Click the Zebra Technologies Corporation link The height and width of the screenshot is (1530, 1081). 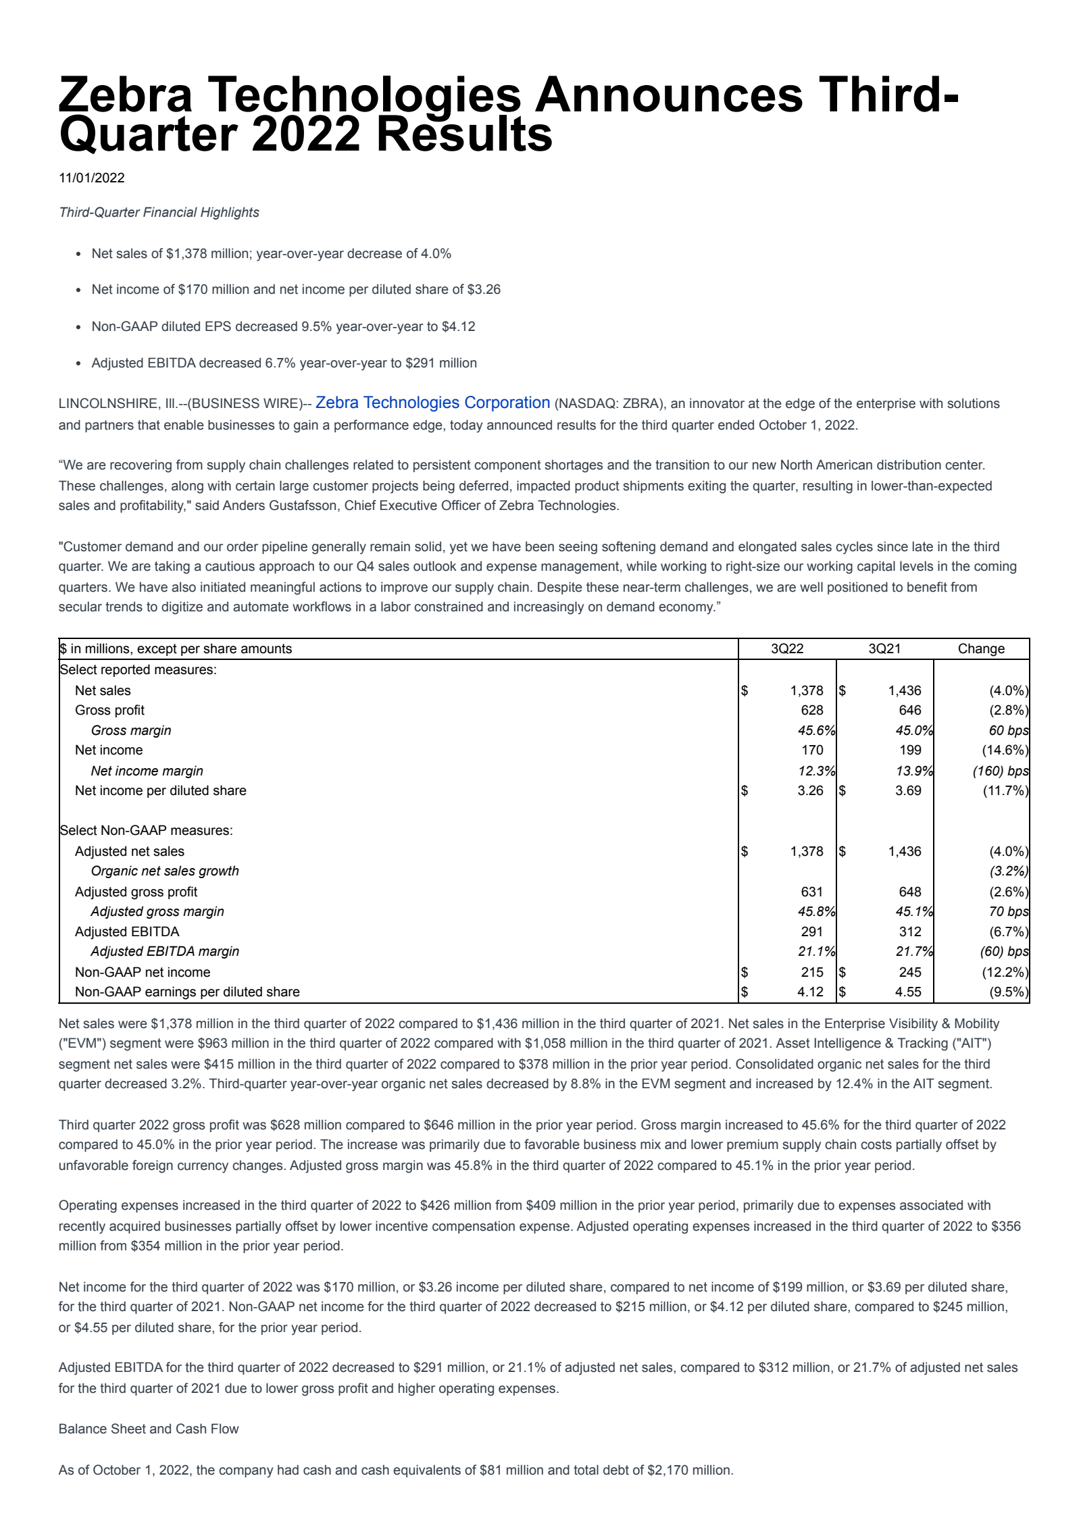432,403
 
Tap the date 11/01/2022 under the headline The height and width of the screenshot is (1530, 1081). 92,178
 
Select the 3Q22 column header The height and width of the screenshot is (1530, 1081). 787,648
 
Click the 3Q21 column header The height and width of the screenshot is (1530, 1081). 884,648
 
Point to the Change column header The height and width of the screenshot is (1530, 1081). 981,648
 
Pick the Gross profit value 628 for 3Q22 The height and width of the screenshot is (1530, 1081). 811,710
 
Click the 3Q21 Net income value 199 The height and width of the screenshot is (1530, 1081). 909,750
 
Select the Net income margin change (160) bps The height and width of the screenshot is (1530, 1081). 1000,771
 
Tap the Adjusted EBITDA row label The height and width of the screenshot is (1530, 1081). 127,932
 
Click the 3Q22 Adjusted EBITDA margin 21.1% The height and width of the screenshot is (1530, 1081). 816,951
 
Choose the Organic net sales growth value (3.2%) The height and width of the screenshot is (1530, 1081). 1009,871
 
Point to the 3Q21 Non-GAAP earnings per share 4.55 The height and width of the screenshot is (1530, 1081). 908,992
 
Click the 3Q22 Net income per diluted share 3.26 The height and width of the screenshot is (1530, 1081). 810,790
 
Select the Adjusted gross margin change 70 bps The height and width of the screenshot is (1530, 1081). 1008,911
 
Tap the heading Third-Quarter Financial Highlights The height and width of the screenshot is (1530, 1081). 159,212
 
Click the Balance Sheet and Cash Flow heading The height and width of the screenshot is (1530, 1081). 149,1429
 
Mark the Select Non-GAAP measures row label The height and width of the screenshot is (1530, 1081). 146,830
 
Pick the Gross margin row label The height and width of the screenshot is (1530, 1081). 131,730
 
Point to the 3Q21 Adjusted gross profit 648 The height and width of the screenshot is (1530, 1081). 909,892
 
